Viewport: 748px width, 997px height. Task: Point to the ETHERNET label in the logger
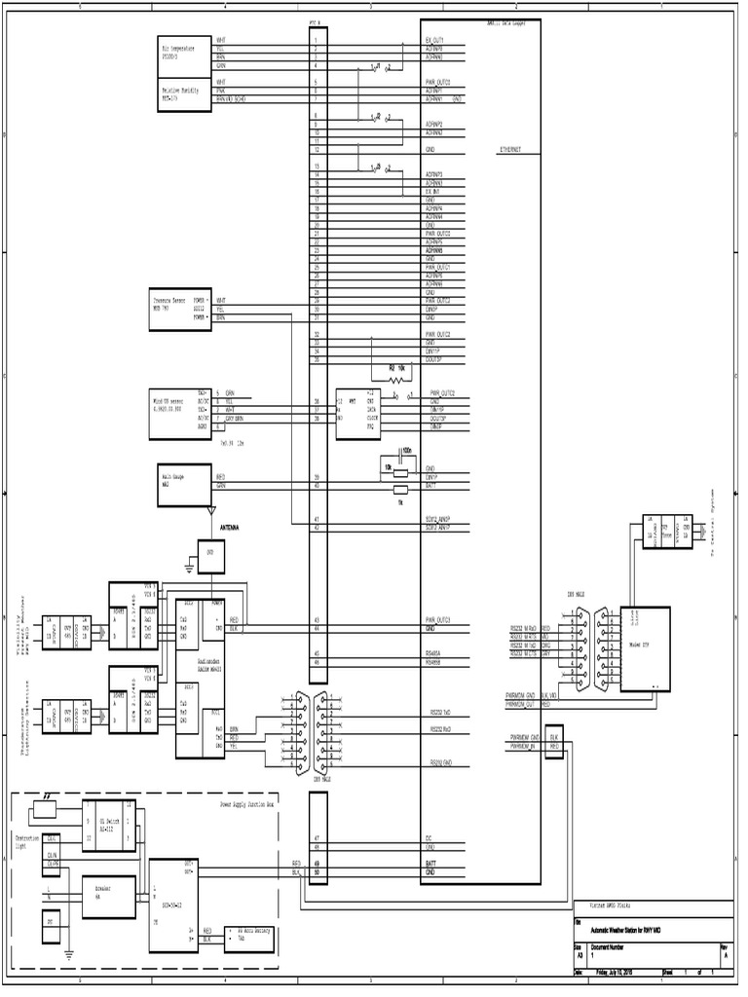[x=509, y=151]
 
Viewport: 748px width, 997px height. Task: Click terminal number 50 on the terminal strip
[x=318, y=872]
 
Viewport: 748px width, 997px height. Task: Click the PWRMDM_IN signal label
[x=522, y=748]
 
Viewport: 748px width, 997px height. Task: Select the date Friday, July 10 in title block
[x=616, y=972]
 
